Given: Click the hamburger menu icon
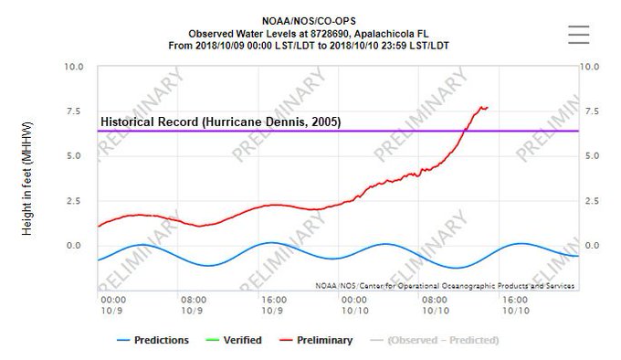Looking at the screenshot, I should pyautogui.click(x=580, y=33).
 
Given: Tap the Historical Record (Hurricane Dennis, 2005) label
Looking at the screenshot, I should pyautogui.click(x=220, y=121).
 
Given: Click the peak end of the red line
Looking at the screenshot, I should pyautogui.click(x=487, y=107).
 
